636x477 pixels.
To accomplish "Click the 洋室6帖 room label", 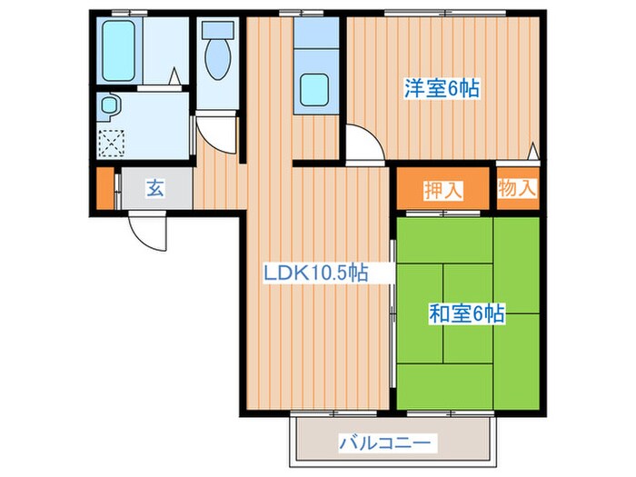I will pyautogui.click(x=442, y=89).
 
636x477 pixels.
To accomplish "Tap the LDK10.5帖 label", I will pyautogui.click(x=315, y=273).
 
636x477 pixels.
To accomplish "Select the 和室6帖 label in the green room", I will pyautogui.click(x=466, y=314).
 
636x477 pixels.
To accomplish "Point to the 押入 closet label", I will pyautogui.click(x=443, y=190).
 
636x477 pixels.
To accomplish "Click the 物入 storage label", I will pyautogui.click(x=518, y=188).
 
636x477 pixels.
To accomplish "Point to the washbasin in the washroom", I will pyautogui.click(x=110, y=106).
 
